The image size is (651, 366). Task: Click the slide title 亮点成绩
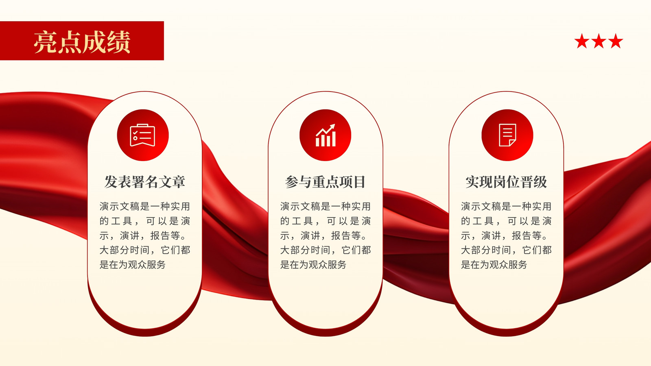tap(82, 42)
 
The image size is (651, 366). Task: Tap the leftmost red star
tap(582, 41)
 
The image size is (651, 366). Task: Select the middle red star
tap(599, 41)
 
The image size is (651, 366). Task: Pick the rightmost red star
tap(616, 41)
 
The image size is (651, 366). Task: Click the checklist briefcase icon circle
tap(143, 135)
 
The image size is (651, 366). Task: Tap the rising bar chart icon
tap(325, 135)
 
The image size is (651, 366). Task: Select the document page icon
tap(507, 135)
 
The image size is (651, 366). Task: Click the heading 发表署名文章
tap(145, 182)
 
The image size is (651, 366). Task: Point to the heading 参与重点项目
tap(325, 182)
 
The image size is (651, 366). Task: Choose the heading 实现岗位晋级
tap(506, 182)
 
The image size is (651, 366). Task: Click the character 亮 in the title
tap(45, 42)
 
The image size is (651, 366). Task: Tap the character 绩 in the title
tap(118, 42)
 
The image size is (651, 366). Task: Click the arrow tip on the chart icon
tap(334, 125)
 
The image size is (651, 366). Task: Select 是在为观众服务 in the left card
tap(133, 265)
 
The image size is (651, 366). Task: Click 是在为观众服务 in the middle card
tap(313, 265)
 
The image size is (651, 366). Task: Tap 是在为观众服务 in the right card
tap(494, 265)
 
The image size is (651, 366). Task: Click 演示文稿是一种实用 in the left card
tap(145, 207)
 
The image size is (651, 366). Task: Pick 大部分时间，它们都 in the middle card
tap(325, 250)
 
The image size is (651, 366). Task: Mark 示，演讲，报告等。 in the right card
tap(504, 235)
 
